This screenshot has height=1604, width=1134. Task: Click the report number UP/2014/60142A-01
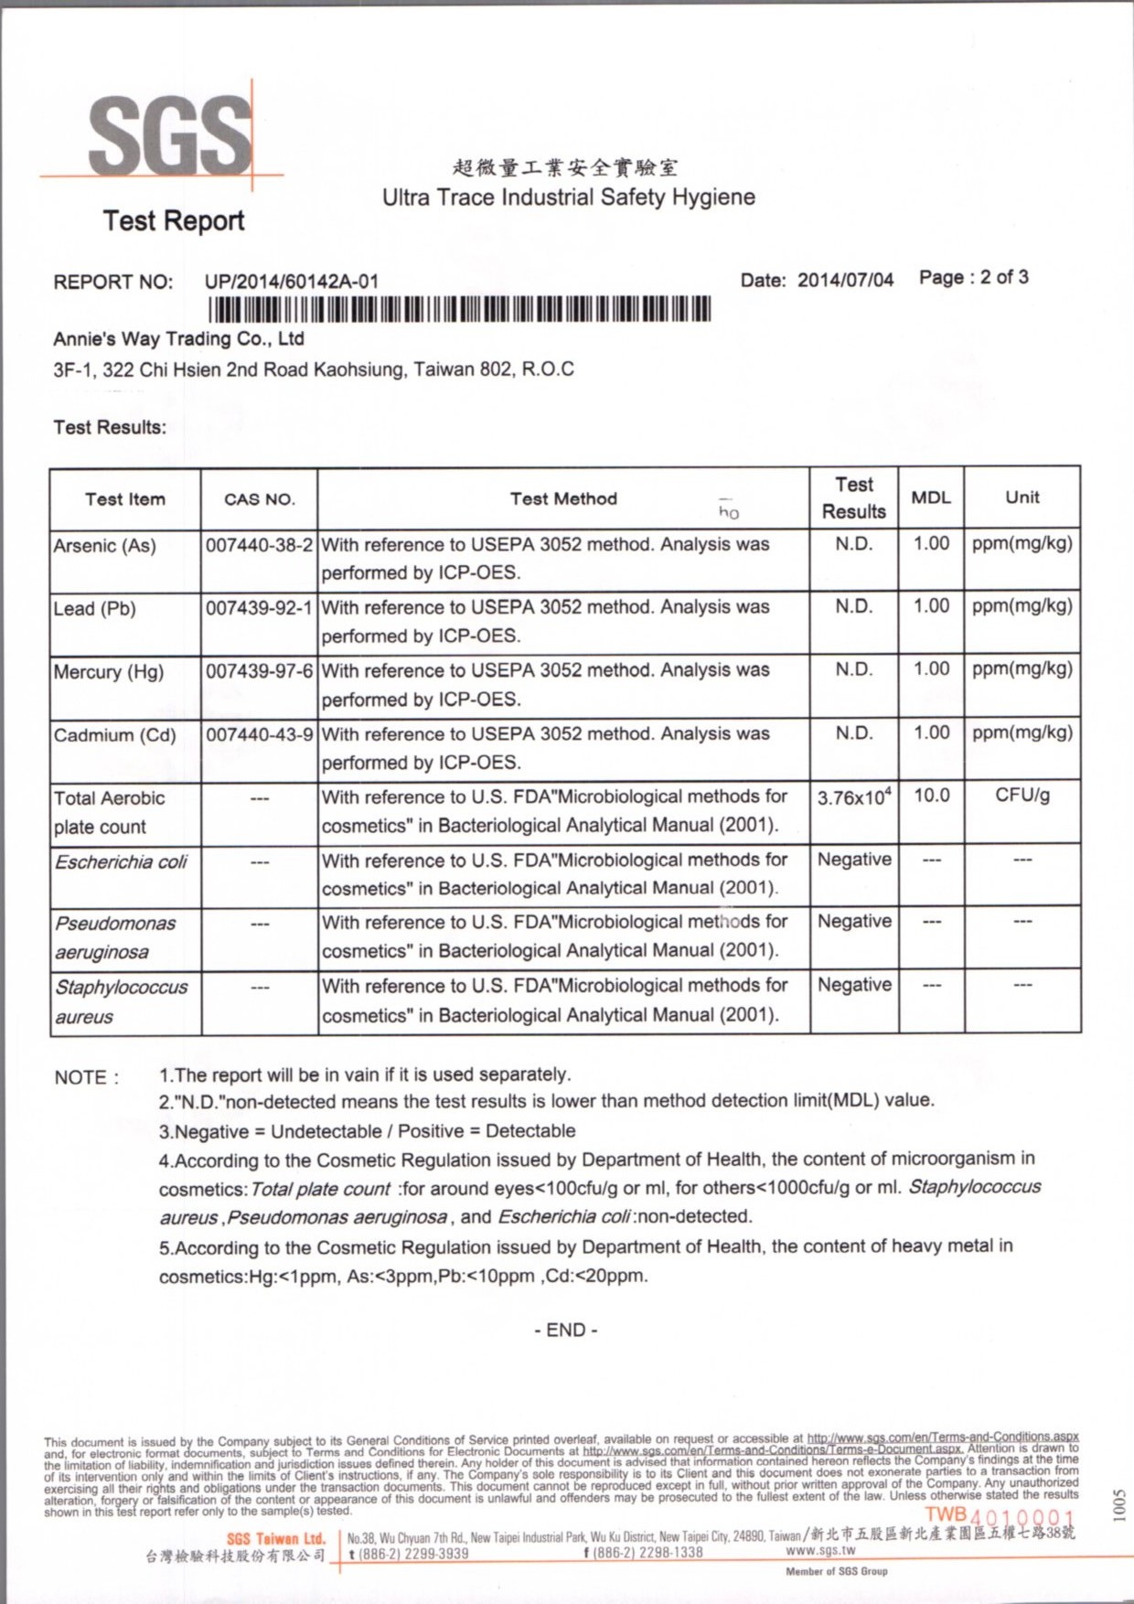click(x=291, y=282)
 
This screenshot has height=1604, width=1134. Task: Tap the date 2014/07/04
click(x=845, y=280)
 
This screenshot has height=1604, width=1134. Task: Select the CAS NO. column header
click(x=260, y=499)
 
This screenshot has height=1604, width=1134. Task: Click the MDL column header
click(x=931, y=497)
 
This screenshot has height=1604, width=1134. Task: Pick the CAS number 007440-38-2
click(x=260, y=545)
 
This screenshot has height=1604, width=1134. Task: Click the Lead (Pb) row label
click(x=94, y=609)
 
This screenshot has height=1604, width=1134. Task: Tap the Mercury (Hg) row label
click(x=108, y=672)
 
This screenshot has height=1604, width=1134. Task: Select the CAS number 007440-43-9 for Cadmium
click(x=260, y=734)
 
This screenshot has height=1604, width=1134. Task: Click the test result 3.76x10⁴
click(x=854, y=797)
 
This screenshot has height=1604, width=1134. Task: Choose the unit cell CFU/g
click(x=1022, y=796)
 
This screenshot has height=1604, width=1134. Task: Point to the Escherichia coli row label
click(x=121, y=861)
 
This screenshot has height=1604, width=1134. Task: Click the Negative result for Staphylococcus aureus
click(x=854, y=985)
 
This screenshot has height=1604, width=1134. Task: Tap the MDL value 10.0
click(x=931, y=796)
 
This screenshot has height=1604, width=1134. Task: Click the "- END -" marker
click(x=566, y=1331)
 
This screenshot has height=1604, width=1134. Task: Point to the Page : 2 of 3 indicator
click(x=973, y=277)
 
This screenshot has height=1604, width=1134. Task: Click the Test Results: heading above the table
click(x=110, y=427)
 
